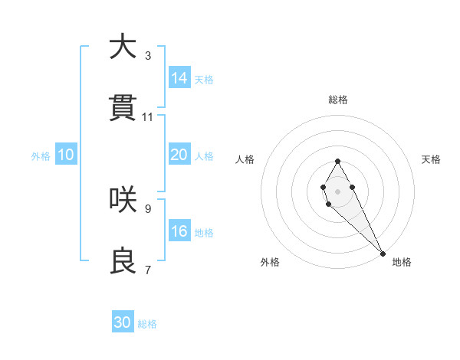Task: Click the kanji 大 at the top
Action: (123, 47)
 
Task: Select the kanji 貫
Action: (123, 110)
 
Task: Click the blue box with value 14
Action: (179, 78)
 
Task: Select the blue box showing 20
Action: (179, 155)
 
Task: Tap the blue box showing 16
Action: (179, 231)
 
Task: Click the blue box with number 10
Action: (66, 155)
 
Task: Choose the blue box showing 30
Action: (123, 322)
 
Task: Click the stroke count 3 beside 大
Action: (148, 55)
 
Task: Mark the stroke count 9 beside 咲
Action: (148, 208)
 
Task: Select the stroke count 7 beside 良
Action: (148, 270)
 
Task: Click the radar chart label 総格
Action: (337, 100)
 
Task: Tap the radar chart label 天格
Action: (431, 159)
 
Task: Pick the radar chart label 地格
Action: (402, 262)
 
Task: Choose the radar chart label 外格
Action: (270, 262)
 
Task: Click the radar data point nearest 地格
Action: (383, 254)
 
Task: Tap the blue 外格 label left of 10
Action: (41, 155)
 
